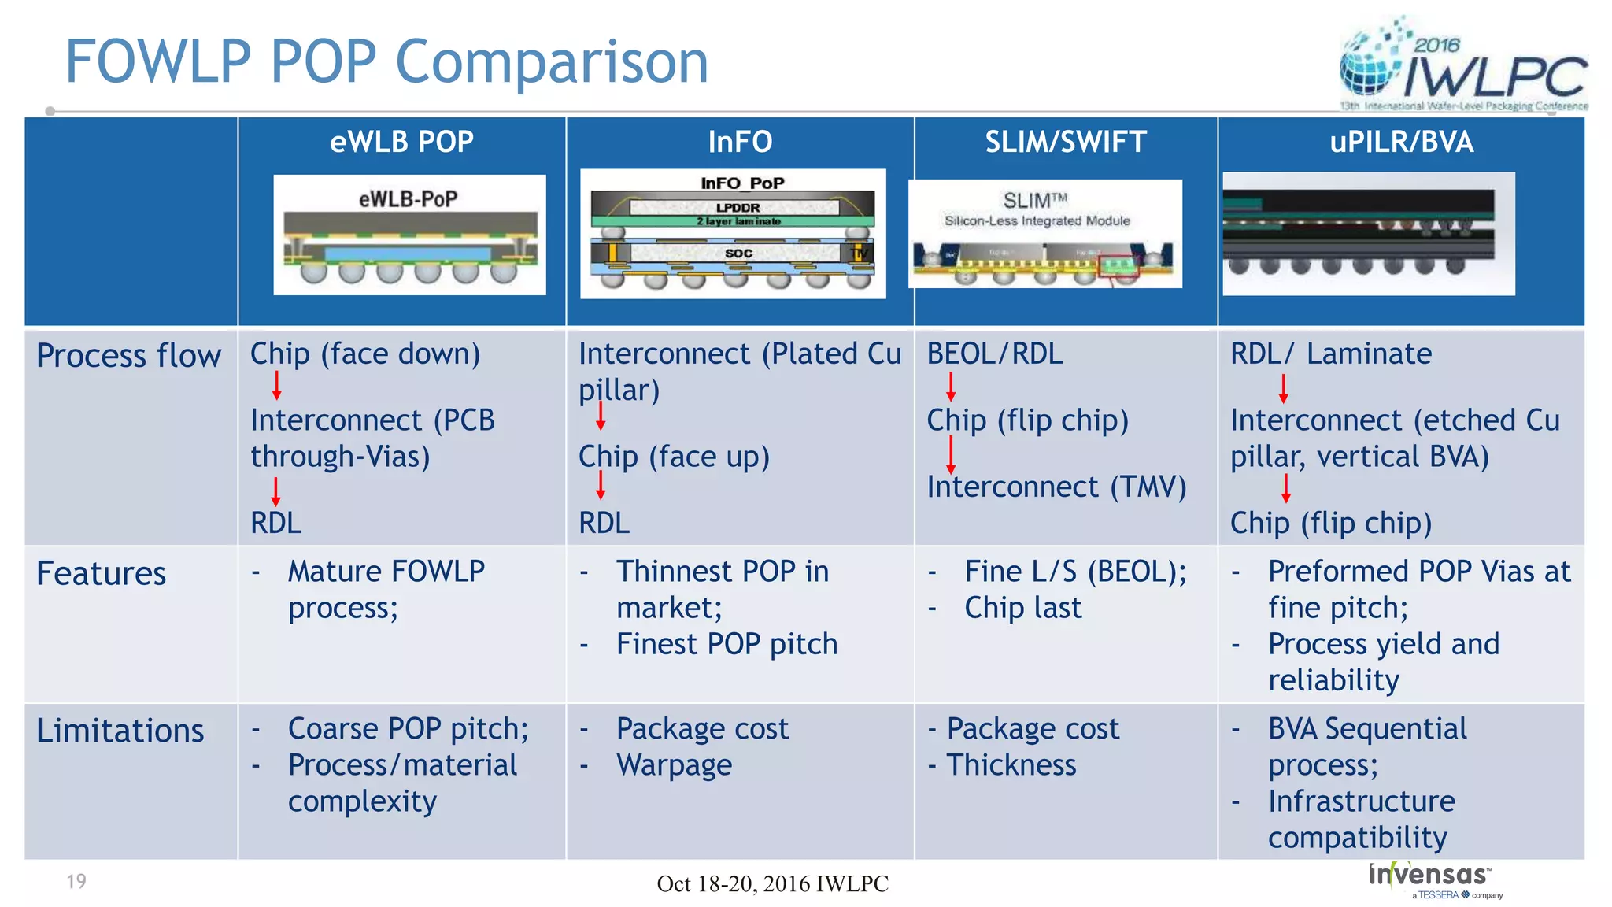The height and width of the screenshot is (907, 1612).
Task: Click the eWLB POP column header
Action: (401, 142)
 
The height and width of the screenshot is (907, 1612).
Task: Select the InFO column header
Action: (740, 142)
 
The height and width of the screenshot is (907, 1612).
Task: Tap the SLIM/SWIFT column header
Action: (1066, 142)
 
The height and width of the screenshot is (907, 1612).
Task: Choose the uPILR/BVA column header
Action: (1401, 142)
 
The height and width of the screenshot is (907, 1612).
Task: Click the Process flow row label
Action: (129, 356)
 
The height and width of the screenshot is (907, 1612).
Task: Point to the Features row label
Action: (102, 573)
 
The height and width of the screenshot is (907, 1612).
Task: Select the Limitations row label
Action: (120, 731)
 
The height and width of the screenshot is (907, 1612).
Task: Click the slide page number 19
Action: (76, 881)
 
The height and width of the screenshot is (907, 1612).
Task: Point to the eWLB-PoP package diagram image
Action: (409, 235)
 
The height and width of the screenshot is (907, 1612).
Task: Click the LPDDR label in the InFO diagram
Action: (738, 207)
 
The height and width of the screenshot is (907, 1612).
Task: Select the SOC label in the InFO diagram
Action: (738, 254)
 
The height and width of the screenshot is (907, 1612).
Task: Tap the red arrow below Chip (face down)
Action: (277, 386)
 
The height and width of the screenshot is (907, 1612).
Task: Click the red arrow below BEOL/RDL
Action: (951, 387)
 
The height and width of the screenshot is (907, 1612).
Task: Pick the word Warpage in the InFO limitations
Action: (675, 765)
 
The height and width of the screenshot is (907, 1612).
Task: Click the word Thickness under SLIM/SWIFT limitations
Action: (1011, 765)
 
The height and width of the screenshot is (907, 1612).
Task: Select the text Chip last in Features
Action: (1023, 608)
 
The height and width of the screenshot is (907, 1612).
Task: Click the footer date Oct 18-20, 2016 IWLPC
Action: (772, 883)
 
